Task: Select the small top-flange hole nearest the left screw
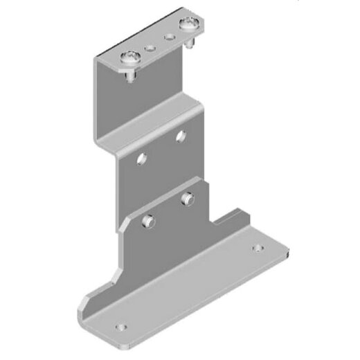click(x=150, y=48)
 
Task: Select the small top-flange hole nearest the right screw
click(x=166, y=35)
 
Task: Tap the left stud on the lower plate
click(x=146, y=222)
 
